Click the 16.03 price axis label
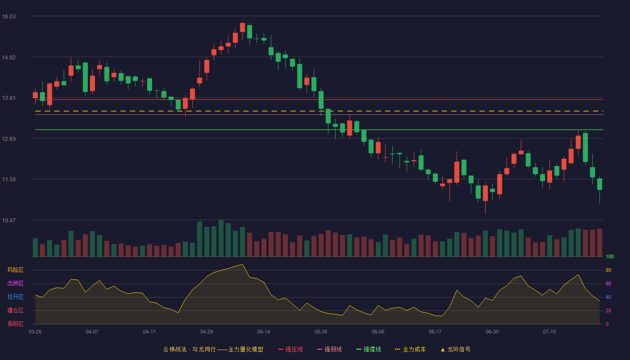(x=9, y=17)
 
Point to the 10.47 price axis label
(x=9, y=220)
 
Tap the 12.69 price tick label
(x=9, y=139)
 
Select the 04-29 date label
(x=207, y=332)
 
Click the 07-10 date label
(x=549, y=332)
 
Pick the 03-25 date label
(x=35, y=332)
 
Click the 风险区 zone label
(x=15, y=270)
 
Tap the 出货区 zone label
(x=15, y=283)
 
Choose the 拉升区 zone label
(x=15, y=297)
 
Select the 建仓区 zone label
(x=15, y=310)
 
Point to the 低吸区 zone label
(x=15, y=324)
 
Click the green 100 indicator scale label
(x=610, y=256)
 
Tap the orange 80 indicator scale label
(x=608, y=270)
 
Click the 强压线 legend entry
(x=290, y=349)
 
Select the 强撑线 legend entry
(x=369, y=349)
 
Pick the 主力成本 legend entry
(x=410, y=349)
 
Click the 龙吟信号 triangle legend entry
(x=455, y=349)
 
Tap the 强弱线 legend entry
(x=329, y=349)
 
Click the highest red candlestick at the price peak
(x=243, y=27)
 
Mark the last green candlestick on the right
(x=599, y=184)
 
